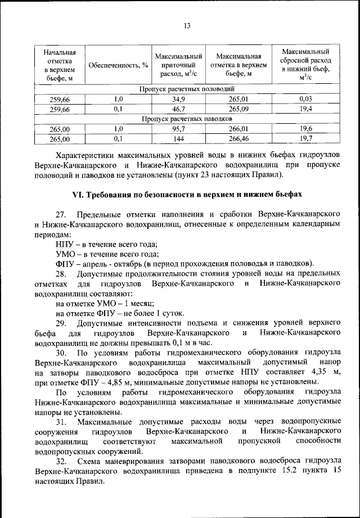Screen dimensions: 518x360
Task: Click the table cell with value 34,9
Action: (178, 100)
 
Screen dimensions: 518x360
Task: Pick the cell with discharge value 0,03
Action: (306, 100)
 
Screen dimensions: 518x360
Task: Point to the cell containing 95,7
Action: (178, 128)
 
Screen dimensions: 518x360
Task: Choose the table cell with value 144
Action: (178, 138)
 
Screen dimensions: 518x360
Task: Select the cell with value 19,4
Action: (306, 109)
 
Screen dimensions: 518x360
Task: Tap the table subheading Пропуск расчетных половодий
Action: (187, 89)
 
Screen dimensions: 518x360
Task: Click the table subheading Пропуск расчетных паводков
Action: (187, 119)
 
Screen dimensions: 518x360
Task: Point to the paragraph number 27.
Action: (61, 215)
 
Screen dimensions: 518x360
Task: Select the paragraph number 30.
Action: (61, 353)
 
